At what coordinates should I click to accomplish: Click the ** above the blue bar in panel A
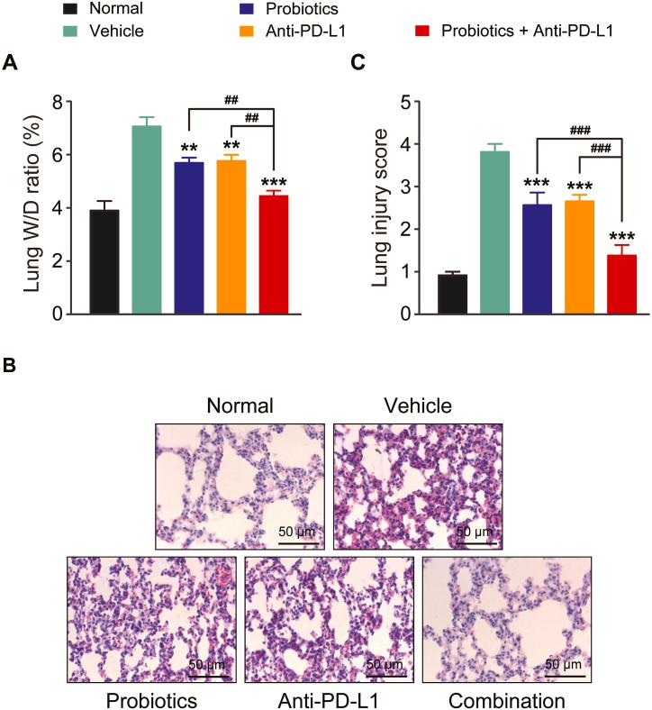(189, 149)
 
